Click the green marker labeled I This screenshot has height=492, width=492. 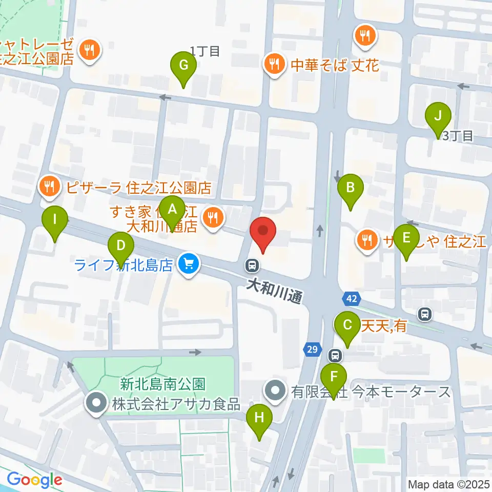click(x=55, y=220)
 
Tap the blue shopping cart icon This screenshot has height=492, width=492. click(x=189, y=265)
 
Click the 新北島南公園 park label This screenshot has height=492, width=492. click(x=163, y=383)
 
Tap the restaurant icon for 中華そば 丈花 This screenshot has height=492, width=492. click(x=274, y=65)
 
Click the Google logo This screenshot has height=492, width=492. click(x=34, y=480)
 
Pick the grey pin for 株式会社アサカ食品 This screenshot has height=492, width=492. click(x=96, y=403)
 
